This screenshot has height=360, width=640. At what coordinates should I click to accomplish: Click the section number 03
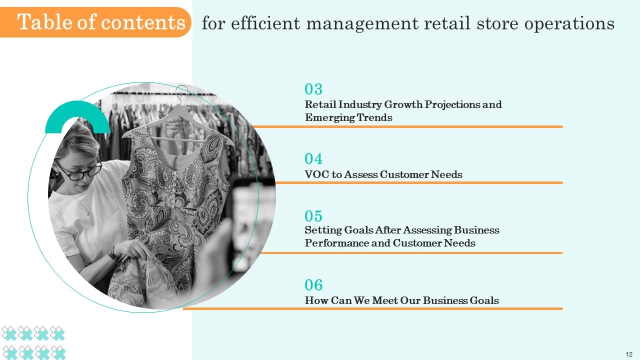pyautogui.click(x=313, y=89)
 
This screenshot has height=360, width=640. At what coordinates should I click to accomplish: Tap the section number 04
pyautogui.click(x=313, y=159)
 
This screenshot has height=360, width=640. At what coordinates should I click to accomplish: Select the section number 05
pyautogui.click(x=313, y=216)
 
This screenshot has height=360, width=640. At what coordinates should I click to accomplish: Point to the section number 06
pyautogui.click(x=313, y=285)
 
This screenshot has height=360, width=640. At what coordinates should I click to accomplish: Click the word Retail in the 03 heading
pyautogui.click(x=320, y=104)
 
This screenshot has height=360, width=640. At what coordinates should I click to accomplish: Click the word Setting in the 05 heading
pyautogui.click(x=323, y=230)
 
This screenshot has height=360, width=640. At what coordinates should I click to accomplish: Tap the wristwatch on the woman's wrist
pyautogui.click(x=113, y=254)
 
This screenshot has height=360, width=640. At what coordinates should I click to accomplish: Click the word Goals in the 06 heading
pyautogui.click(x=484, y=300)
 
